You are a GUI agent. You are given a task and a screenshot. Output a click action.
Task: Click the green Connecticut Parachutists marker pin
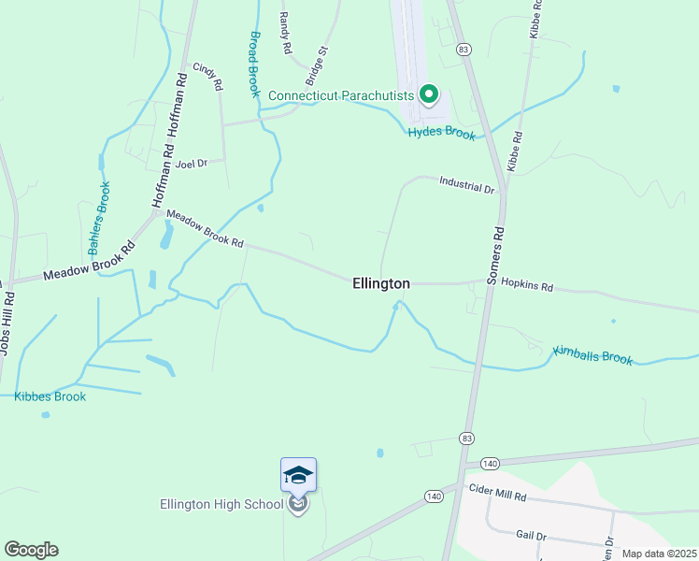pyautogui.click(x=429, y=93)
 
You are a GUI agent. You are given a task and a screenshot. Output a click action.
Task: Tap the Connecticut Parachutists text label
pyautogui.click(x=341, y=95)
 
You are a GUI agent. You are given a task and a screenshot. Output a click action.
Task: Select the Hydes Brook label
pyautogui.click(x=441, y=134)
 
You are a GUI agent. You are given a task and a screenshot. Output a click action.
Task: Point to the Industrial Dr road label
pyautogui.click(x=466, y=188)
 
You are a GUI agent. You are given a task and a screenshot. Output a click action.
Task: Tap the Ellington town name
pyautogui.click(x=381, y=283)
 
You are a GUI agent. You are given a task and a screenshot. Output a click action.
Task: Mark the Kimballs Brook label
pyautogui.click(x=592, y=355)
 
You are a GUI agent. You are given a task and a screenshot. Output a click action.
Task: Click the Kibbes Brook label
pyautogui.click(x=50, y=396)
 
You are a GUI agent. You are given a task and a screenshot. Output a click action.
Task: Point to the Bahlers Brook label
pyautogui.click(x=99, y=219)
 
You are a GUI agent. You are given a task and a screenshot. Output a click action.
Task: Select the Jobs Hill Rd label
pyautogui.click(x=8, y=324)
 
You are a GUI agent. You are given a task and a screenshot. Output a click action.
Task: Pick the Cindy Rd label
pyautogui.click(x=207, y=76)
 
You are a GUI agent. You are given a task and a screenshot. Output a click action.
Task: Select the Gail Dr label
pyautogui.click(x=530, y=535)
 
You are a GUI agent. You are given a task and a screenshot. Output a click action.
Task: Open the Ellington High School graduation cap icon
pyautogui.click(x=298, y=475)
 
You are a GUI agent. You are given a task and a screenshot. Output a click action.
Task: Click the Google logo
pyautogui.click(x=31, y=550)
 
